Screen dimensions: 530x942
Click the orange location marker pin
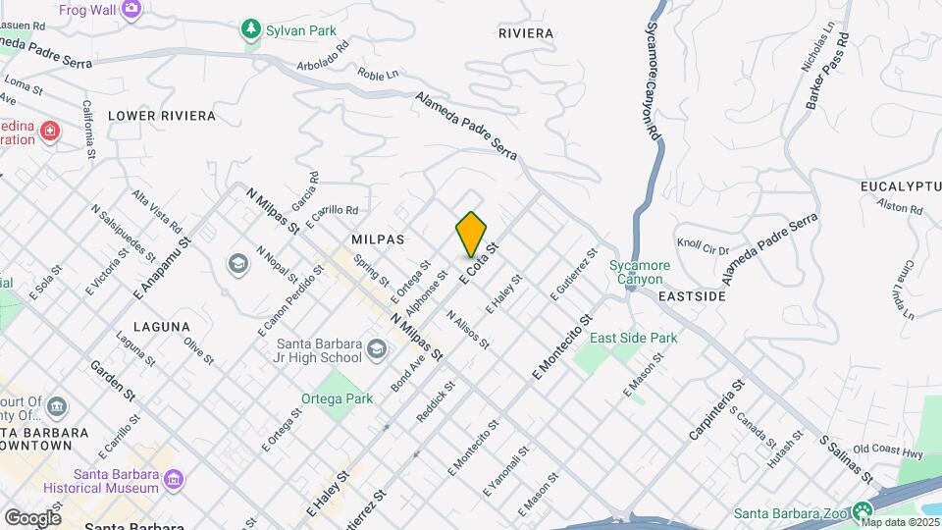coord(472,234)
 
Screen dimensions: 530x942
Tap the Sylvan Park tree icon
coord(252,30)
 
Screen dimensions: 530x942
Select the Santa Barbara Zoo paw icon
coord(863,510)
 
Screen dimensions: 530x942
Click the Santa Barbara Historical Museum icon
coord(174,479)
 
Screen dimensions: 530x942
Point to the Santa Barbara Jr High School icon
coord(376,349)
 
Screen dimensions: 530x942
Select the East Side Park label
coord(634,338)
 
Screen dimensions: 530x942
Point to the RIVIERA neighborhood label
coord(526,33)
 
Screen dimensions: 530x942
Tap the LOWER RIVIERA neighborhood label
coord(161,116)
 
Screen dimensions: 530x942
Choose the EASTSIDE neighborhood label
coord(692,295)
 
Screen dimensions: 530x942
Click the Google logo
coord(32,517)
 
